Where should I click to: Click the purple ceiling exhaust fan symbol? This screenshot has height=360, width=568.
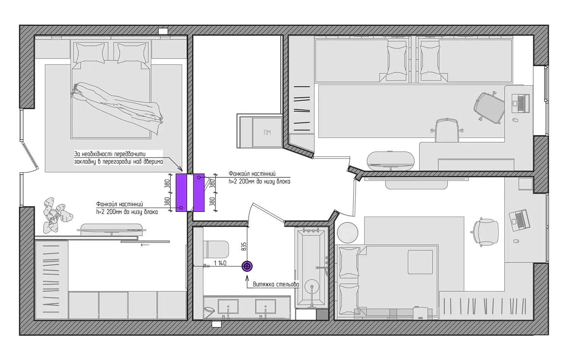[247, 266]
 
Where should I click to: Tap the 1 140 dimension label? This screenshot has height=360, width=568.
[220, 263]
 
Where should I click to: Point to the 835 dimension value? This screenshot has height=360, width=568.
[244, 246]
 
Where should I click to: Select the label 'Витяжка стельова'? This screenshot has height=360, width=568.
[276, 284]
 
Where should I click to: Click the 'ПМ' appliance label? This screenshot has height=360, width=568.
[267, 132]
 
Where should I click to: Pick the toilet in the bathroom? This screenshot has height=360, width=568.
[216, 249]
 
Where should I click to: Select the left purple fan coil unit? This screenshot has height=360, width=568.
[181, 193]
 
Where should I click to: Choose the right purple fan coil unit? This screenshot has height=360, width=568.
[199, 193]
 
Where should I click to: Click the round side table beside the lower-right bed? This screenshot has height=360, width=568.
[348, 233]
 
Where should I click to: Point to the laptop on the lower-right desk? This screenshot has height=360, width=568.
[520, 220]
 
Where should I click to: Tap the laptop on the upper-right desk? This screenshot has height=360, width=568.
[521, 103]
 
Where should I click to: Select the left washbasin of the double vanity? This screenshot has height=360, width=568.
[228, 307]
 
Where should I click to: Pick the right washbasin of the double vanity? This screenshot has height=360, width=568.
[265, 307]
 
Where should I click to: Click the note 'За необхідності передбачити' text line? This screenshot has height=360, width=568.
[110, 154]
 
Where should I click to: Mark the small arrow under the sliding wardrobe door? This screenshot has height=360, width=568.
[145, 245]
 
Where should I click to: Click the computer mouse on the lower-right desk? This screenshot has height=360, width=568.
[516, 241]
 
